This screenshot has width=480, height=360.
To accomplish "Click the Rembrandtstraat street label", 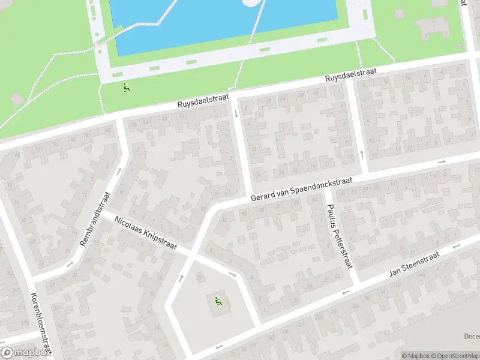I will click(95, 220).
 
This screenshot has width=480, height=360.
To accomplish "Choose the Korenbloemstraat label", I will click(40, 324).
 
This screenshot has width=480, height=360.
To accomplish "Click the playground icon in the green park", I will click(125, 88).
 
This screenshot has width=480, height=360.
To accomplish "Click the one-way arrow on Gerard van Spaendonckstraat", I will click(442, 161).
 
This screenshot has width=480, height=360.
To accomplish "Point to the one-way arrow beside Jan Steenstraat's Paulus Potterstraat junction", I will click(345, 292).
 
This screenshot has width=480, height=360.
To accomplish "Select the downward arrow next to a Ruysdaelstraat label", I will click(236, 113).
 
